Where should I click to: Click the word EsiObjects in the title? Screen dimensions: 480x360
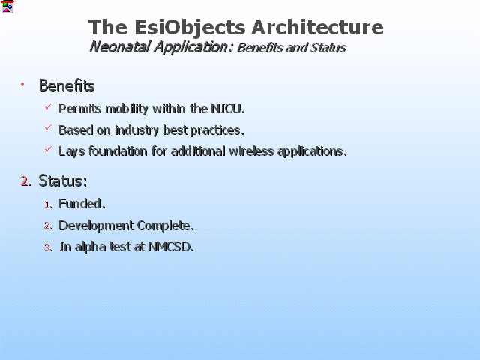point(190,28)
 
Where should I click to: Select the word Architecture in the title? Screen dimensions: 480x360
point(317,27)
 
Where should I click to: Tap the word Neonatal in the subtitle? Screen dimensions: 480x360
point(120,47)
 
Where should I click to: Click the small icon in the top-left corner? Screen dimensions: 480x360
point(7,7)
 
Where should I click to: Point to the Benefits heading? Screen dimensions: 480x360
point(67,85)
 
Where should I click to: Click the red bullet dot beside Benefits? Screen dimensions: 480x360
point(22,84)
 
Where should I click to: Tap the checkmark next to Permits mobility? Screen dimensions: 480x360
point(48,106)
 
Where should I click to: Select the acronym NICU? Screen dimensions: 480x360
point(228,109)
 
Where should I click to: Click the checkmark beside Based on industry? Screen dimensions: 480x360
point(48,127)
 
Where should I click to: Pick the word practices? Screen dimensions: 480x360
point(217,130)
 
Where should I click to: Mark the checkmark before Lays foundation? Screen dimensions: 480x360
point(48,149)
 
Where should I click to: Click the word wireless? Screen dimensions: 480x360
point(251,151)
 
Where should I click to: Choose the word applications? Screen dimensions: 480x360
point(312,151)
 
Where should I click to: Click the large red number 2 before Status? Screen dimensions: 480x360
point(25,181)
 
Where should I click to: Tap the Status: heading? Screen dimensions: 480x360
point(63,181)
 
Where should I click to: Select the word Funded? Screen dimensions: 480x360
point(82,204)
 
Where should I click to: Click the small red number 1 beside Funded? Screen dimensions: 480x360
point(48,205)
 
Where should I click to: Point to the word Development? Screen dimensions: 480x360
point(97,226)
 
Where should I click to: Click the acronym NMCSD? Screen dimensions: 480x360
point(171,247)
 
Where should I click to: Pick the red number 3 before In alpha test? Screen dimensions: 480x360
point(48,247)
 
